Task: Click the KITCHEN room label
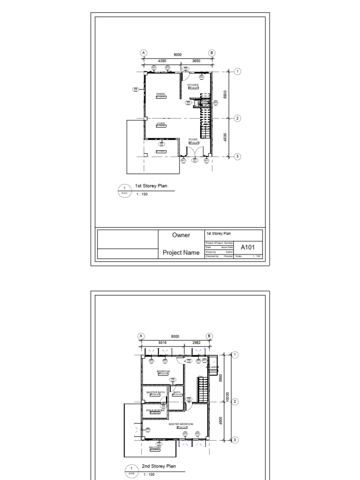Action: click(x=193, y=85)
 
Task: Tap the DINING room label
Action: click(x=161, y=94)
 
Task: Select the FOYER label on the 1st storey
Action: click(x=193, y=139)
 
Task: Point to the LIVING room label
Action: click(x=161, y=123)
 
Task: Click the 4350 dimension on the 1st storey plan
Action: click(x=162, y=61)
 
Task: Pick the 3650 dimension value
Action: click(x=196, y=61)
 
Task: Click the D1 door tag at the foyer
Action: click(x=195, y=160)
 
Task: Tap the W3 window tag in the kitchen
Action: click(x=202, y=77)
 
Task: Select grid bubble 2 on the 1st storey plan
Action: click(x=238, y=118)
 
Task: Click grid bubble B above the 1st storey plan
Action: click(x=211, y=53)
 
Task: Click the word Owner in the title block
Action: click(x=181, y=235)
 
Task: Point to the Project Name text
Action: click(x=181, y=253)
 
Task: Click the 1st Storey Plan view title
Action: click(x=151, y=186)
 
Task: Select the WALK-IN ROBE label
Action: click(x=155, y=410)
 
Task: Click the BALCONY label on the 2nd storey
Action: click(x=155, y=447)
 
